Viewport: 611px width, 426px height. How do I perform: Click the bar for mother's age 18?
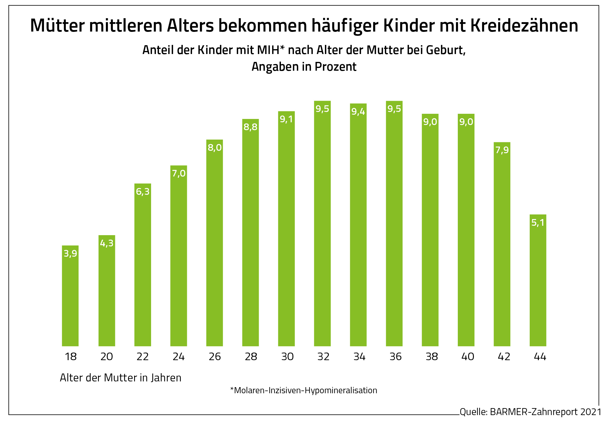point(70,296)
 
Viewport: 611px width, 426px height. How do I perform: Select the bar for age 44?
point(538,281)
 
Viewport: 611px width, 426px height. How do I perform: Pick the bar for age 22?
point(143,265)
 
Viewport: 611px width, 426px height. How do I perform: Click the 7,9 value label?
point(502,150)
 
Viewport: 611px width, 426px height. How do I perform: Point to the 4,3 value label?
point(107,243)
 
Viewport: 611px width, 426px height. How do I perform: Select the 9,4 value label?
point(358,112)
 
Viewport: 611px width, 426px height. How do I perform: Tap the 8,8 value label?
point(251,127)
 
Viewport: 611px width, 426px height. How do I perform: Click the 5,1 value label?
point(538,223)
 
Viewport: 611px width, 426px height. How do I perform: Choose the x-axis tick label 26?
point(215,357)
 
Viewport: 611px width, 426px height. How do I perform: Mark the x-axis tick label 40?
point(468,357)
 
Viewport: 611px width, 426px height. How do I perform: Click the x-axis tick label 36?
point(396,357)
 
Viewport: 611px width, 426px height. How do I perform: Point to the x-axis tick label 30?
point(287,357)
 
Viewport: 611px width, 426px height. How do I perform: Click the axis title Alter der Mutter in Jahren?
point(121,378)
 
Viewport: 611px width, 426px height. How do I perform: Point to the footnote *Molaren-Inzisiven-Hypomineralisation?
point(304,390)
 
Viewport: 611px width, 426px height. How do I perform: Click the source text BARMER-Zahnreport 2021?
point(545,412)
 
